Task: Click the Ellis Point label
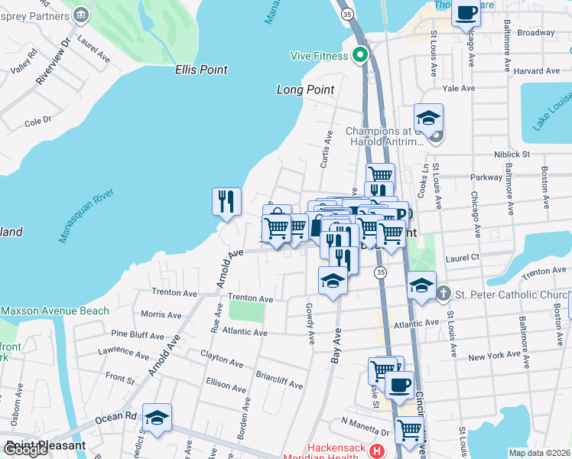(201, 70)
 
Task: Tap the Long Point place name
(305, 90)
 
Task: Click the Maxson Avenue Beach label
(55, 311)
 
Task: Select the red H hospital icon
(376, 451)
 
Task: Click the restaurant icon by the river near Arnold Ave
(226, 202)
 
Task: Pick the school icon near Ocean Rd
(157, 418)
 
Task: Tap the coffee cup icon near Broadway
(466, 12)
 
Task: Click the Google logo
(26, 450)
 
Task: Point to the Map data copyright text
(539, 453)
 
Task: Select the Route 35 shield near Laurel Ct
(379, 272)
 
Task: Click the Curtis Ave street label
(326, 149)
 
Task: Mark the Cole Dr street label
(37, 121)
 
